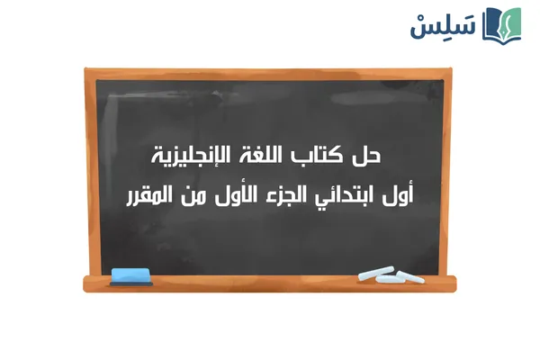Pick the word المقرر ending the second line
(148, 194)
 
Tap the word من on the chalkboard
(186, 194)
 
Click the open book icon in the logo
(503, 24)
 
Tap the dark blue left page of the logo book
(493, 24)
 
